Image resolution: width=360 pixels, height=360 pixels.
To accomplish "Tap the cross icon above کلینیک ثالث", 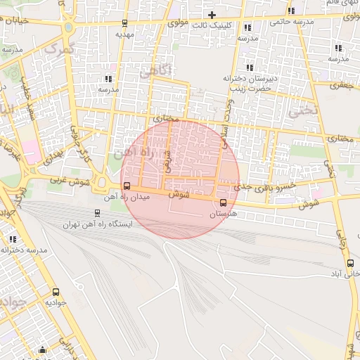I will click(x=212, y=15).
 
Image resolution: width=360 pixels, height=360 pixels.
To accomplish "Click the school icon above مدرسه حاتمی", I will click(x=292, y=11).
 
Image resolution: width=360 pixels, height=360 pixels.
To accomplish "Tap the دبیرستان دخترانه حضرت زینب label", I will click(x=252, y=82).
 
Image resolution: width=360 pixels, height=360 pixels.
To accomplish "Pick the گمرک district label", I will click(x=57, y=50).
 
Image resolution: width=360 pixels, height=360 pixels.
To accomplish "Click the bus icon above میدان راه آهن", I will click(x=127, y=186).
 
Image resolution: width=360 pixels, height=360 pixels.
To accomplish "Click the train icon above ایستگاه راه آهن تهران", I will click(x=97, y=213).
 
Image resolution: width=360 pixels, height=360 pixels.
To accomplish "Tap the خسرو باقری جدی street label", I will click(x=264, y=186).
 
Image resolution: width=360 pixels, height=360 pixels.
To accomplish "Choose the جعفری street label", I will click(x=345, y=84).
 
